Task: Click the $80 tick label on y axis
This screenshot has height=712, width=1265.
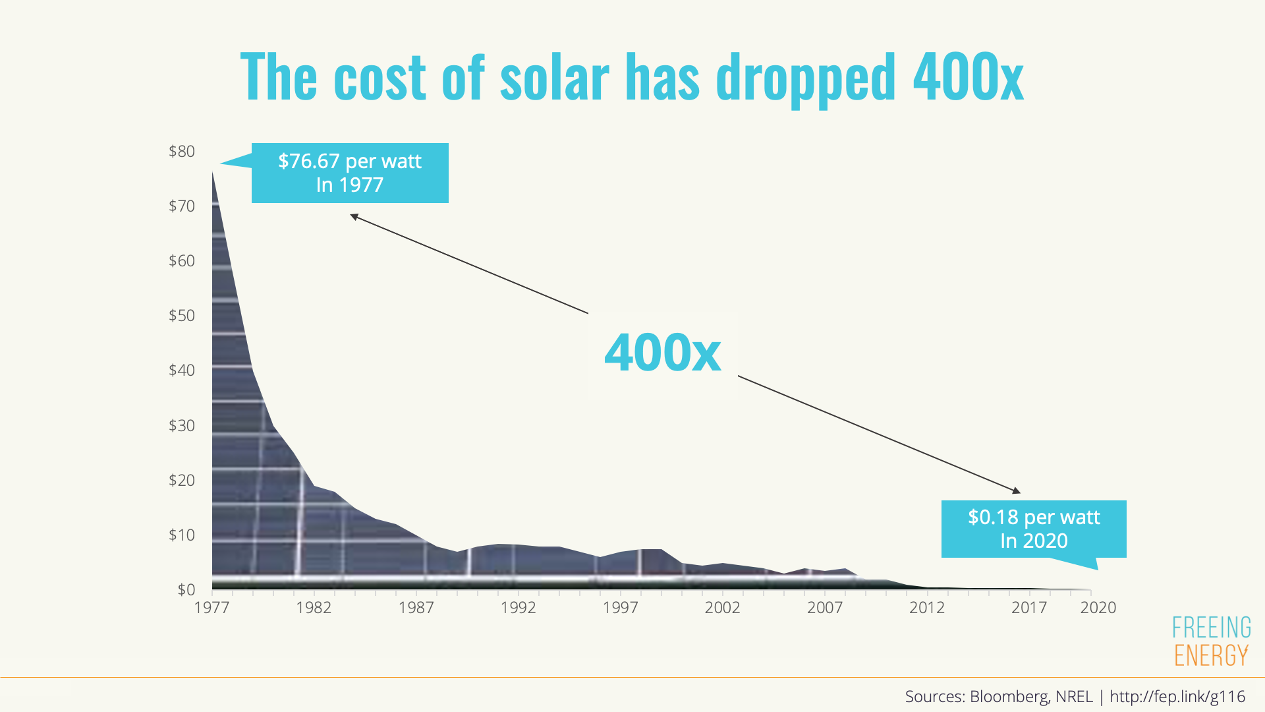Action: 182,152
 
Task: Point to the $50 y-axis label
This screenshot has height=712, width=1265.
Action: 182,316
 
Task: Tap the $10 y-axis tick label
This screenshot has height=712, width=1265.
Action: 182,535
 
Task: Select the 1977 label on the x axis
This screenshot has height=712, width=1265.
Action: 211,607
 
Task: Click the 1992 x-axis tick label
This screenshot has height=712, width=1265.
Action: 518,607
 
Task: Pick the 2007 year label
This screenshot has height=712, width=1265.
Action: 824,607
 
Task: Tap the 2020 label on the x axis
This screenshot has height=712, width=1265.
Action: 1098,607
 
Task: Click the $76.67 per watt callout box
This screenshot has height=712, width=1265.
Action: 350,173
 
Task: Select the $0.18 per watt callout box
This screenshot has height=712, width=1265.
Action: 1034,529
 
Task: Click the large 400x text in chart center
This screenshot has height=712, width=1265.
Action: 662,353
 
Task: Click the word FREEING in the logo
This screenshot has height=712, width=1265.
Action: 1211,628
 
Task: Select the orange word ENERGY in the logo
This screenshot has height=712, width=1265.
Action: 1211,655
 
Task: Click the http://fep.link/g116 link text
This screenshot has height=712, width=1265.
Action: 1177,696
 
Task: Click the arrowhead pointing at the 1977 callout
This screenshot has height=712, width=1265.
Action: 354,216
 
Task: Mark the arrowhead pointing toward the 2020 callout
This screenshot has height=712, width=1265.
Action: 1017,490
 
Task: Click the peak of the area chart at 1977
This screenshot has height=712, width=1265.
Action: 212,172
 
